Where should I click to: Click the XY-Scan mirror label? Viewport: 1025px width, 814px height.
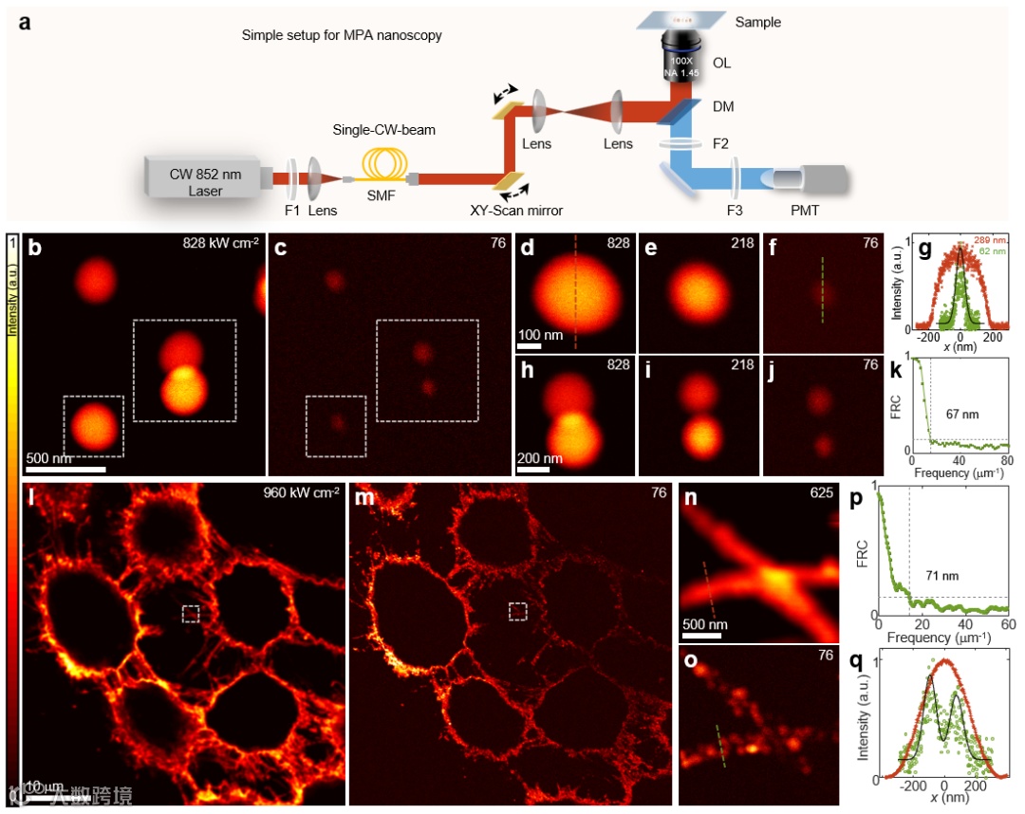[x=509, y=211]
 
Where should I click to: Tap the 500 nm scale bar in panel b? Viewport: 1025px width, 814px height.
[x=65, y=468]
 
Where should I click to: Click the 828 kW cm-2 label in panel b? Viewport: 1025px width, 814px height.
[x=221, y=243]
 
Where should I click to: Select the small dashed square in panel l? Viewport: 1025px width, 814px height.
[x=192, y=614]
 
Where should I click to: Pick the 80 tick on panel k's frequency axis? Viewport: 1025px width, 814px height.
[x=1007, y=461]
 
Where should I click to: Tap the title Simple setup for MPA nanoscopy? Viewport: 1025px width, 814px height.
[x=342, y=36]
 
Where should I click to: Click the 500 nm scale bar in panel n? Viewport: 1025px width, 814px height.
[x=701, y=635]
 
